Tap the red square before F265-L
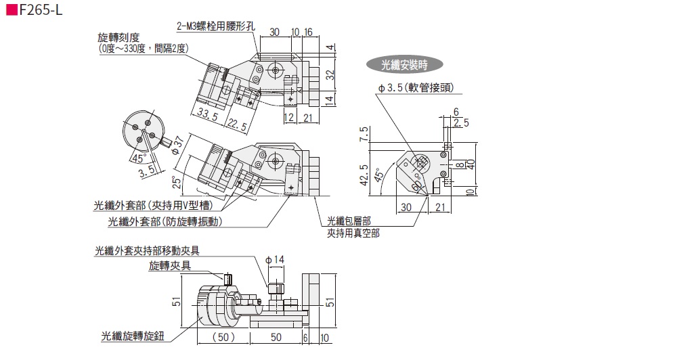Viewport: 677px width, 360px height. [x=11, y=12]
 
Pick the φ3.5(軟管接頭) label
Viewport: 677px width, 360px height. [x=416, y=88]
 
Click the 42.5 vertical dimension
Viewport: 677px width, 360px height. [x=364, y=174]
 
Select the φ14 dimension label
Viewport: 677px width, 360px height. [x=276, y=259]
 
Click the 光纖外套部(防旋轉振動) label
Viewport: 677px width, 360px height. [x=166, y=221]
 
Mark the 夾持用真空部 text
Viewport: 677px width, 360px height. [x=353, y=233]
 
